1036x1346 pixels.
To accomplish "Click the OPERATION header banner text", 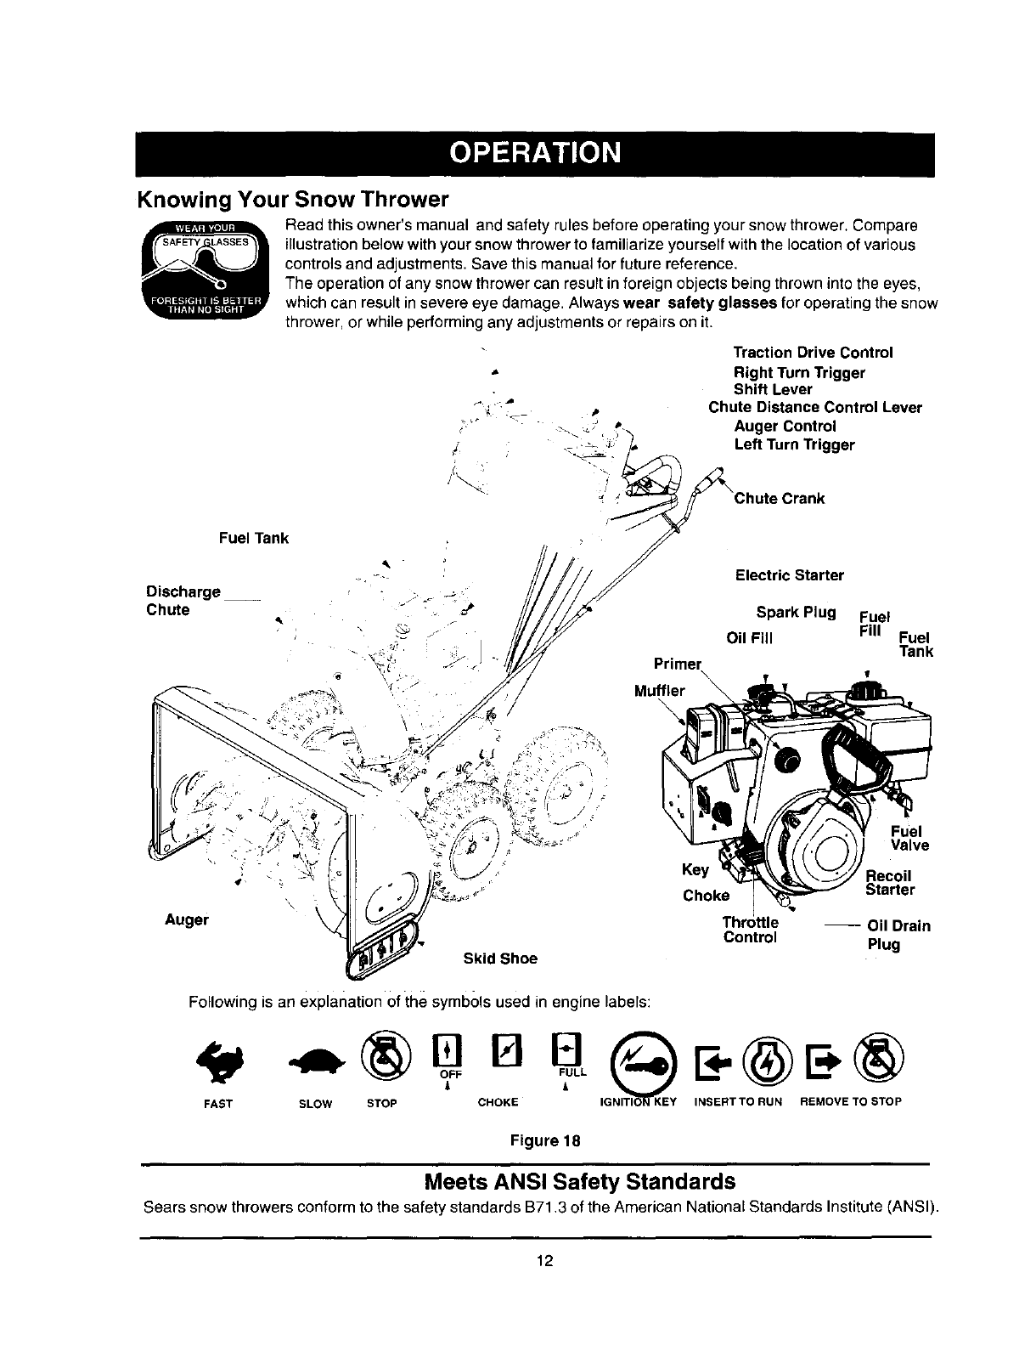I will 536,154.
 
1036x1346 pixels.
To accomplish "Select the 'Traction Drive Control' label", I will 813,353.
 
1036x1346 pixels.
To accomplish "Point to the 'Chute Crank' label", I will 780,498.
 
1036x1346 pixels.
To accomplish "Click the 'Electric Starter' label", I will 789,575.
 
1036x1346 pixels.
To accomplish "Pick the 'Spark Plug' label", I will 796,612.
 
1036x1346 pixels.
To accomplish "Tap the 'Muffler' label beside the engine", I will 659,690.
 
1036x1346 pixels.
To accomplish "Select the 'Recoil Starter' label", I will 888,883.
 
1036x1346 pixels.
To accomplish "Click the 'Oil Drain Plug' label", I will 898,935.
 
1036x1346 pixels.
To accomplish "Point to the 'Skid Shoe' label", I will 500,959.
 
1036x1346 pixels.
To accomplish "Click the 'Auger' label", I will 188,919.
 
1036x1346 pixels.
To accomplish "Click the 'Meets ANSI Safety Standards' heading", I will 579,1182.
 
